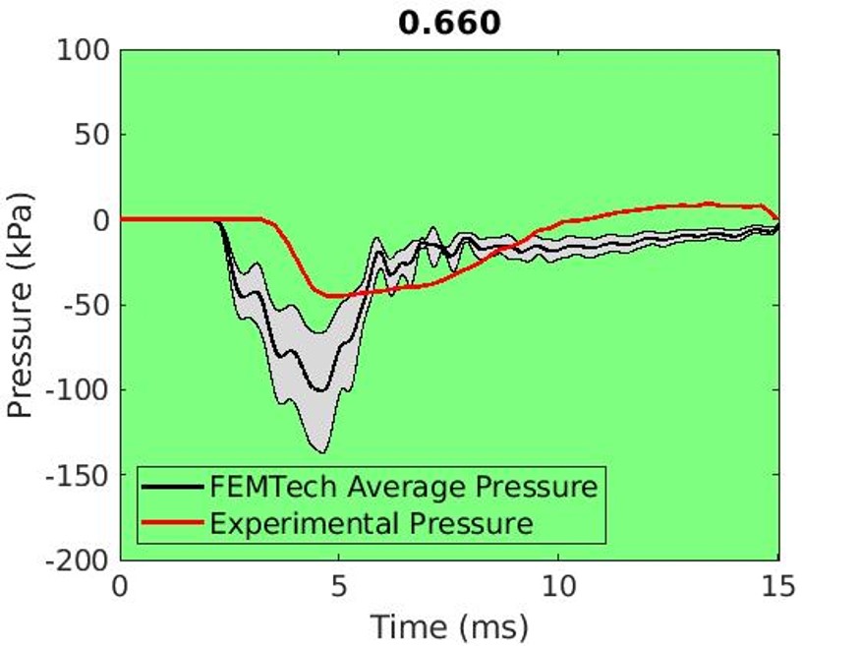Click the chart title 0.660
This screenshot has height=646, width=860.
[x=449, y=22]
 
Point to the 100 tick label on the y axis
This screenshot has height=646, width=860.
[x=82, y=50]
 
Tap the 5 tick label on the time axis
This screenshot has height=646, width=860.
[x=339, y=589]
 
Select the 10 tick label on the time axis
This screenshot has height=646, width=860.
[x=558, y=589]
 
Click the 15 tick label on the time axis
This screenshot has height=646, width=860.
[x=777, y=589]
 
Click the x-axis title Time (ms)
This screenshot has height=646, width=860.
[x=449, y=625]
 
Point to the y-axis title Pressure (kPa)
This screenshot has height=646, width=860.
[x=22, y=305]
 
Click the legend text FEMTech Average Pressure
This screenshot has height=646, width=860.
[x=403, y=486]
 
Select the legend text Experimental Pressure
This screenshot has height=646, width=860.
[x=372, y=522]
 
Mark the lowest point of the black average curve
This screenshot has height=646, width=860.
[x=320, y=390]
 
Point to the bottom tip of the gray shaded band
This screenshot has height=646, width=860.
[x=322, y=452]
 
